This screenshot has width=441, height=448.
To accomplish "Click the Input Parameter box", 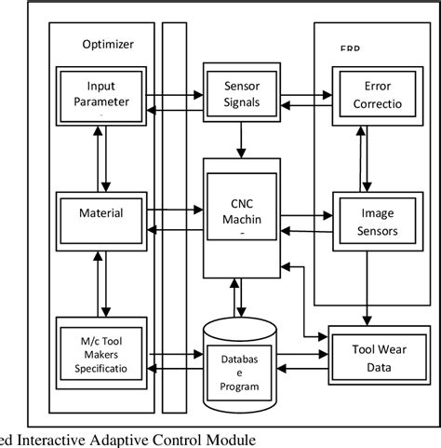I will click(x=100, y=93).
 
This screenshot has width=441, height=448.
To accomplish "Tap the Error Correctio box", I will click(x=374, y=93).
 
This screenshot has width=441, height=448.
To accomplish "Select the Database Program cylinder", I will click(x=241, y=366).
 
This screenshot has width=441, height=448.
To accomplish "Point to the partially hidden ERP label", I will click(x=350, y=48).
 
